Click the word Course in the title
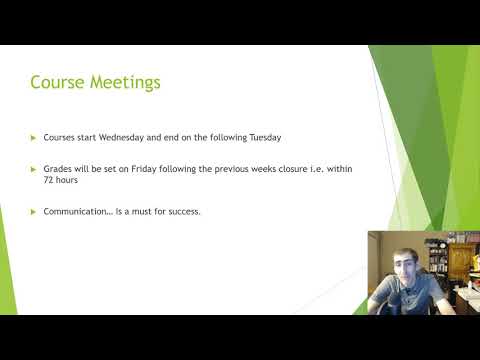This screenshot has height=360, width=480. (56, 82)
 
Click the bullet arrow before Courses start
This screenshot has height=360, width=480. (33, 136)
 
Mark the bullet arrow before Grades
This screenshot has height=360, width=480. (33, 169)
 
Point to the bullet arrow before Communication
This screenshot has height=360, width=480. (33, 212)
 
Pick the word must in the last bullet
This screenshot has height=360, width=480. (140, 212)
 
